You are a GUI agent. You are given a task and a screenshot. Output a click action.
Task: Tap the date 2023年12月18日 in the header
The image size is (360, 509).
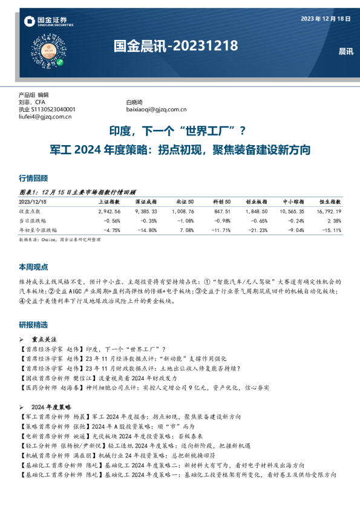(x=326, y=19)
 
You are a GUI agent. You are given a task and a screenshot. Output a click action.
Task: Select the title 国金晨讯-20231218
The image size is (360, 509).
(x=175, y=46)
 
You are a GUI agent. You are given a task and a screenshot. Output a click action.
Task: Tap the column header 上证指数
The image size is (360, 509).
(x=109, y=201)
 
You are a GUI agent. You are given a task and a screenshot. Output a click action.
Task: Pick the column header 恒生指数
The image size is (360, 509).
(x=330, y=201)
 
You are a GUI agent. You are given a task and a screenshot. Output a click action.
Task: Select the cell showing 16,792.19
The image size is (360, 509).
(x=329, y=212)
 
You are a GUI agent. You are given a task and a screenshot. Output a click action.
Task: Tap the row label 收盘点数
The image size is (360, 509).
(x=31, y=212)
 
